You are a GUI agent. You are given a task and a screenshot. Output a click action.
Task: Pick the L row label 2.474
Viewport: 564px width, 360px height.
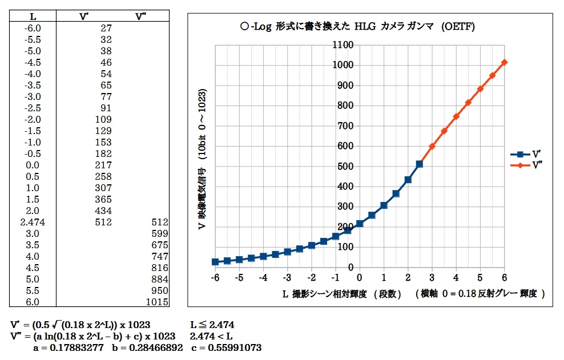click(33, 222)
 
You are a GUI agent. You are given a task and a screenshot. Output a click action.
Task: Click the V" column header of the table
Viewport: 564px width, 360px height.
click(142, 16)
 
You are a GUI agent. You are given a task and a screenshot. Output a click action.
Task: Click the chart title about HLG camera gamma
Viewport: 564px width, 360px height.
click(358, 26)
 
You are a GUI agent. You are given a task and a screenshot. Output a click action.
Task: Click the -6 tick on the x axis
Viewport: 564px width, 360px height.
click(215, 277)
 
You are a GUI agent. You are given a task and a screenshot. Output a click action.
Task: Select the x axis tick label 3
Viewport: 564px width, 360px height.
click(432, 277)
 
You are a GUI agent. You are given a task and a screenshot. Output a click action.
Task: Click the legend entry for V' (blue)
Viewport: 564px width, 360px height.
click(527, 154)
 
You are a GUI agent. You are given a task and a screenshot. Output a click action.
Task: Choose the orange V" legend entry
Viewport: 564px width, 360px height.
click(527, 164)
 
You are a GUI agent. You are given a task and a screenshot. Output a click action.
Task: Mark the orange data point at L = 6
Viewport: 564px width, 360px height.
click(505, 62)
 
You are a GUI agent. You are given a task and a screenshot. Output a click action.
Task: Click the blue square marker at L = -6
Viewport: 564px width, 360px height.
click(215, 262)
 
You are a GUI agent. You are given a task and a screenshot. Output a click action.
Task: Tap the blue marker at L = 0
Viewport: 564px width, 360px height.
click(360, 224)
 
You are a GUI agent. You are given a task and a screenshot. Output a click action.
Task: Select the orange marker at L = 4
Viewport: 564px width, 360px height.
click(456, 116)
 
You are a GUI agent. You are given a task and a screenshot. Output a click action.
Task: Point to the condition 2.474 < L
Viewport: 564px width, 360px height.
click(211, 336)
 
